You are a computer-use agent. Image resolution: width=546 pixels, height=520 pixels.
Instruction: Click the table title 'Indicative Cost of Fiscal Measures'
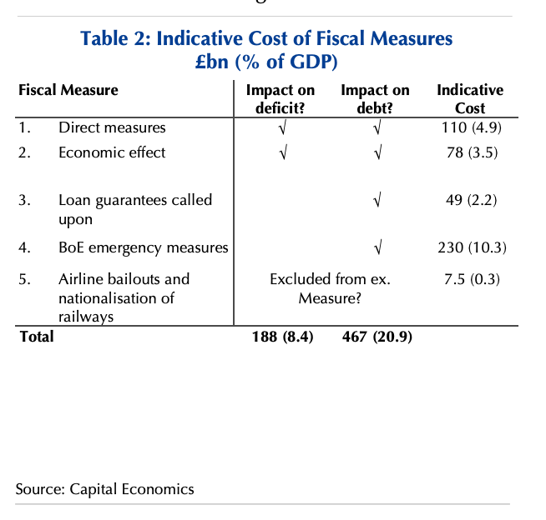pos(266,38)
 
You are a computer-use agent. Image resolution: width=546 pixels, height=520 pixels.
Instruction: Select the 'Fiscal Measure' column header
pos(68,90)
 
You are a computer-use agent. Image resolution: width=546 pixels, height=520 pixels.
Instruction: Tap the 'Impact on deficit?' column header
pos(280,98)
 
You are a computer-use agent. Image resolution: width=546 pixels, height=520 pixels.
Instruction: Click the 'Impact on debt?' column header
pos(375,98)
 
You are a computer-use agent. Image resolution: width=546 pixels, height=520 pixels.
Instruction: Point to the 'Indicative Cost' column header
pos(470,98)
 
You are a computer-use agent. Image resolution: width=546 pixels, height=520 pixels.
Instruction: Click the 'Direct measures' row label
pos(112,127)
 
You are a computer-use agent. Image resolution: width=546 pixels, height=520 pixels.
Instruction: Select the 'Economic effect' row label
pos(112,152)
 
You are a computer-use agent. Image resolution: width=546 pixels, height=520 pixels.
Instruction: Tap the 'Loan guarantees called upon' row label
pos(134,209)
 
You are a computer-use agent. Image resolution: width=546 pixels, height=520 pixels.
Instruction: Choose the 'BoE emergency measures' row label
pos(143,247)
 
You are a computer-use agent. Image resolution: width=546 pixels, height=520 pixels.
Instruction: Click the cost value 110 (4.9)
pos(471,127)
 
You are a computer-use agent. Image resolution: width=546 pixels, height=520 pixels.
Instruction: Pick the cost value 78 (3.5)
pos(471,152)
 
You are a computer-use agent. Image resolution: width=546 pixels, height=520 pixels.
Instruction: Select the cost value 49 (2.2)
pos(471,200)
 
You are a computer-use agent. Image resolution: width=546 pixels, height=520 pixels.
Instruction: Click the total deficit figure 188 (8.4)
pos(283,337)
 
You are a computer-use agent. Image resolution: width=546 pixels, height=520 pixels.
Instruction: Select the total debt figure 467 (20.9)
pos(377,337)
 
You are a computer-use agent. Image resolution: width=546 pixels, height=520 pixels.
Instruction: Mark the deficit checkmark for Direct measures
pos(282,128)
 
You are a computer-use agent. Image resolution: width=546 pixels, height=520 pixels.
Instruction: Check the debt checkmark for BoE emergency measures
pos(378,248)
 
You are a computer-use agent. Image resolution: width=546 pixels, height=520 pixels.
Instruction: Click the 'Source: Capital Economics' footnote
pos(104,489)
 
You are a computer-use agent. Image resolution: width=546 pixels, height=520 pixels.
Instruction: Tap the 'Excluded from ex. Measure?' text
pos(330,288)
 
